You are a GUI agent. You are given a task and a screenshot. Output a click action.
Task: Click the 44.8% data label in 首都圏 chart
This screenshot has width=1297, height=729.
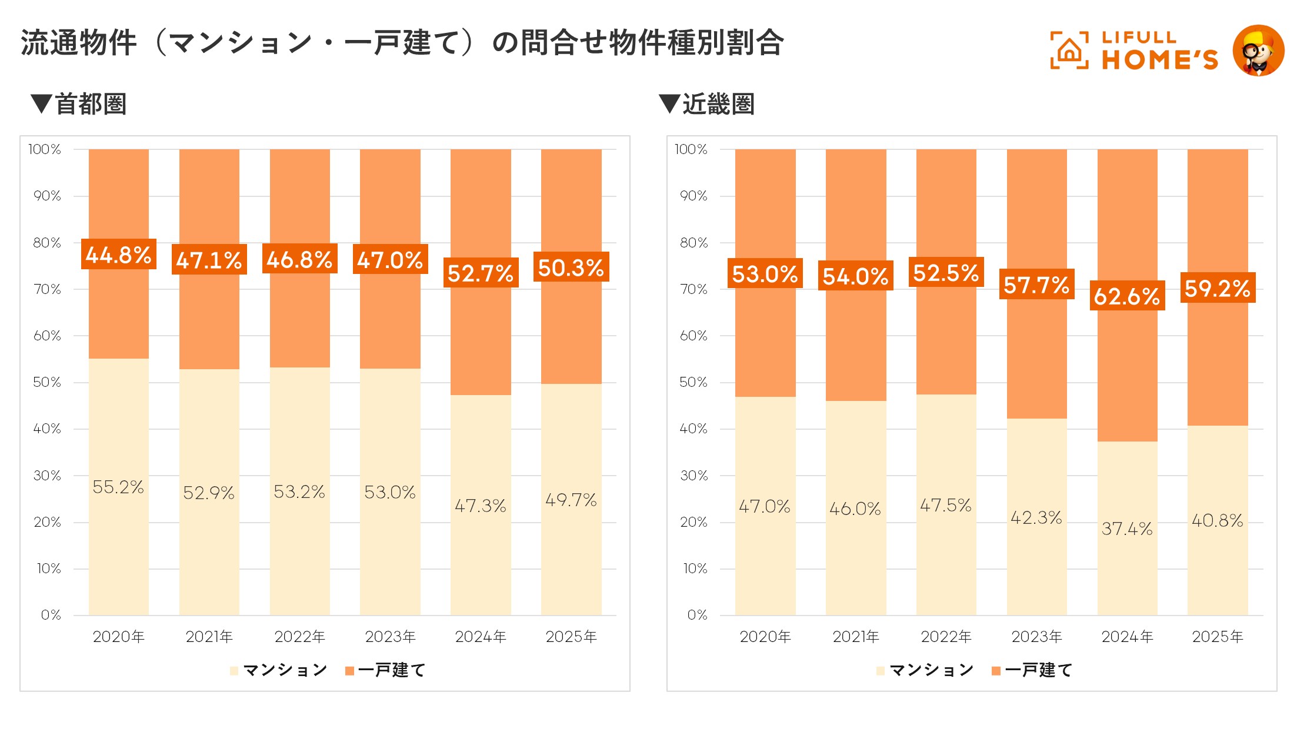[x=118, y=255]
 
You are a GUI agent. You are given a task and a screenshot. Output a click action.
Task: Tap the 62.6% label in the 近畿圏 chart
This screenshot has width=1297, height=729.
[x=1126, y=296]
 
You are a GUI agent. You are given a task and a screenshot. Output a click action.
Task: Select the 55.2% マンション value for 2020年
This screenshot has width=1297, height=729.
[x=118, y=487]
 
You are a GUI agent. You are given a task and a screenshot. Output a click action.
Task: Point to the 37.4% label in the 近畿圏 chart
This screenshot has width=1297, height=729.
[x=1126, y=529]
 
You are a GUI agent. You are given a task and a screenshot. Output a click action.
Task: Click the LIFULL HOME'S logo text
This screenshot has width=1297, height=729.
[x=1159, y=51]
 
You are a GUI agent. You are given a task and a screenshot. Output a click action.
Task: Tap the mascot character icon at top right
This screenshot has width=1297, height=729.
[x=1258, y=51]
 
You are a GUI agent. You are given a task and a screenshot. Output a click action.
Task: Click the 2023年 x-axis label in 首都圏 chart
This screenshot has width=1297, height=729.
[x=390, y=637]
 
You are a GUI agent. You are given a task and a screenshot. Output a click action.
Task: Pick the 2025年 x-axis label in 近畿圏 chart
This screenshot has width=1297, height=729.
[x=1217, y=637]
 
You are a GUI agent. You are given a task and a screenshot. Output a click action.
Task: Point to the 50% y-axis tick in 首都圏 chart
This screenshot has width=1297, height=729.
[x=47, y=382]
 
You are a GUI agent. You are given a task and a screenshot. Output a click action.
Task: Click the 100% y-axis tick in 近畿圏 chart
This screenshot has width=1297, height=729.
[x=691, y=149]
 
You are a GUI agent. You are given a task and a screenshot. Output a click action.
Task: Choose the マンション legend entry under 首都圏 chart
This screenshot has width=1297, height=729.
[x=279, y=670]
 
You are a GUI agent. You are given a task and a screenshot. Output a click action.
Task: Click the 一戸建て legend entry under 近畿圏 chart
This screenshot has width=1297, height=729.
[x=1032, y=670]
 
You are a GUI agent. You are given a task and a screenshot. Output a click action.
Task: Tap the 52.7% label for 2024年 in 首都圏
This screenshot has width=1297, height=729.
[x=481, y=273]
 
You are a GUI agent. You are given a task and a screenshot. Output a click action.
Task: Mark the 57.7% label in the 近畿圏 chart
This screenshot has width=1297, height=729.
[x=1036, y=285]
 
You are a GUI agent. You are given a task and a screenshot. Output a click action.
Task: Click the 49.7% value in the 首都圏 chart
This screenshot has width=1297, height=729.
[x=571, y=500]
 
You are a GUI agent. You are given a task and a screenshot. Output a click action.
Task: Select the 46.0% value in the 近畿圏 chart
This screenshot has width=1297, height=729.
[x=855, y=509]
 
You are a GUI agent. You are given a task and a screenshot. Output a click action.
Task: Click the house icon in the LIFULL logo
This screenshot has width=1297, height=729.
[x=1069, y=51]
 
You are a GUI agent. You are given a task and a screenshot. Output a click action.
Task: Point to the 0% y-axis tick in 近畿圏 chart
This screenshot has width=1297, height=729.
[x=697, y=615]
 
